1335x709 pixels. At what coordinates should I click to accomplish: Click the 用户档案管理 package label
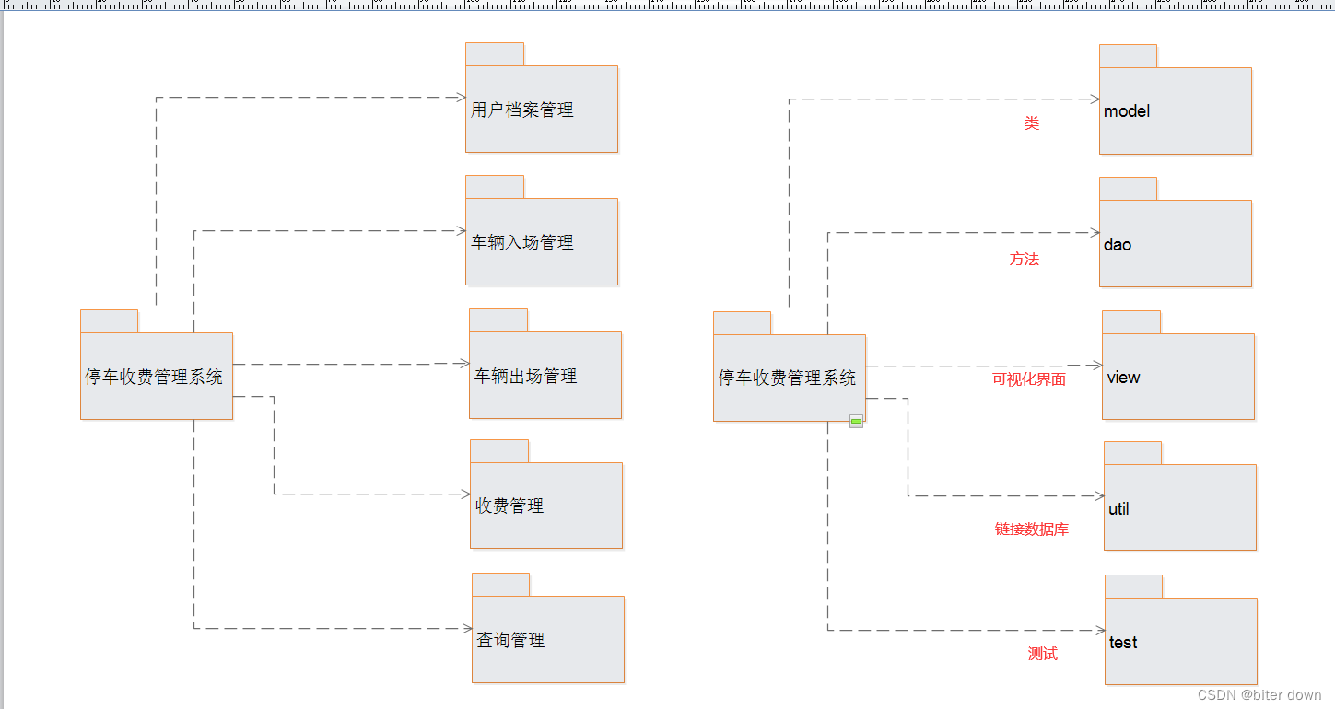tap(521, 110)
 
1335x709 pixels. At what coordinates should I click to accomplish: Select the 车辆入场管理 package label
tap(522, 243)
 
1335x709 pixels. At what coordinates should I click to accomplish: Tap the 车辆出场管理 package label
tap(525, 377)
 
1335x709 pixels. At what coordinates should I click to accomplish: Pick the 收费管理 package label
tap(509, 506)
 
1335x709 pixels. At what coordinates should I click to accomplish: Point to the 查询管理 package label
tap(510, 640)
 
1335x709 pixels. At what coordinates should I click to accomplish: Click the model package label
tap(1127, 111)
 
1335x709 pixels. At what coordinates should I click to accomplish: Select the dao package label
tap(1118, 245)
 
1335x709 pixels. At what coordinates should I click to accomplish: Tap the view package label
tap(1123, 378)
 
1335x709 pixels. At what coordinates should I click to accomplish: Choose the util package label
tap(1118, 509)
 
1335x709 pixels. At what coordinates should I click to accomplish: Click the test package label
tap(1123, 643)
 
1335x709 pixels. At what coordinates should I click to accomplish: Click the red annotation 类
tap(1031, 123)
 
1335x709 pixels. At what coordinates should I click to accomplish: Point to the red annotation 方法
tap(1024, 260)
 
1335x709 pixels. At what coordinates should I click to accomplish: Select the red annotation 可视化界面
tap(1028, 379)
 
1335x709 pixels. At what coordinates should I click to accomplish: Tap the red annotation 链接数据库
tap(1031, 529)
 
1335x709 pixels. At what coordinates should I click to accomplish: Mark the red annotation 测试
tap(1042, 654)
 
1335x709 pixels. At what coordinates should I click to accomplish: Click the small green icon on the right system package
tap(856, 422)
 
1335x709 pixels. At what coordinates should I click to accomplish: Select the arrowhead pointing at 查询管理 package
tap(466, 629)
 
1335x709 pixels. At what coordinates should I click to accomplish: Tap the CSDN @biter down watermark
tap(1259, 695)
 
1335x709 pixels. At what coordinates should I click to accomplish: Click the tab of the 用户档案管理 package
tap(495, 54)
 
